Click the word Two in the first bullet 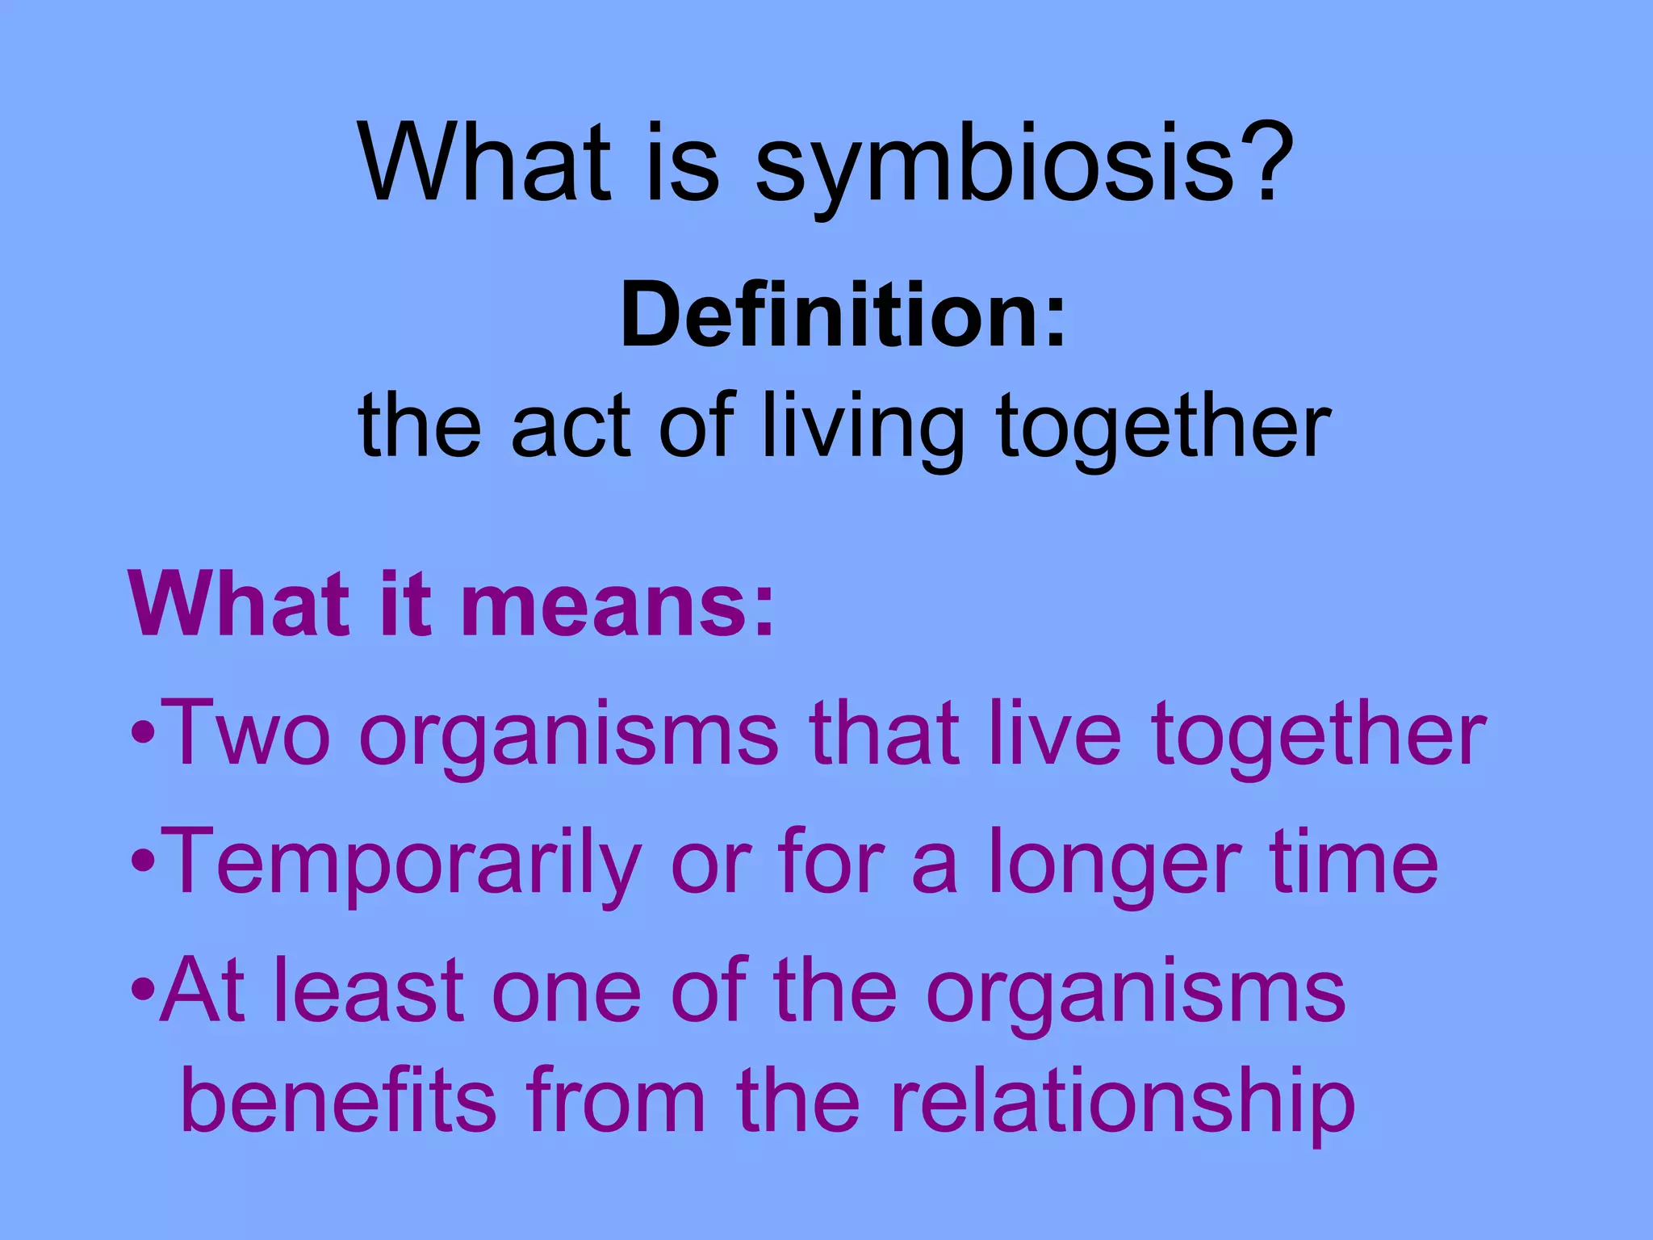click(246, 732)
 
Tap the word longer click(1115, 862)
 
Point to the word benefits click(339, 1100)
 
